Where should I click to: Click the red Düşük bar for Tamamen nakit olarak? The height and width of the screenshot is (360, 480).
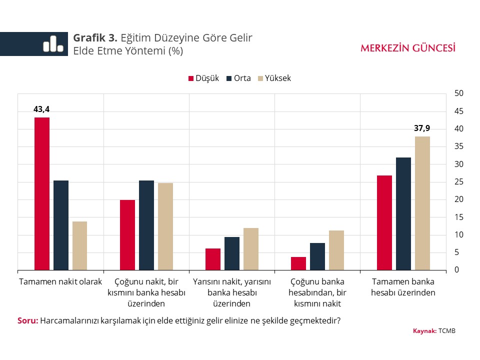[42, 194]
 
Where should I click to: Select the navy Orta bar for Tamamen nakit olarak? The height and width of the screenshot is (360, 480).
[61, 225]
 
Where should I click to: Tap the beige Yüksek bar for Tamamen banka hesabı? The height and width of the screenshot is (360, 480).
[422, 203]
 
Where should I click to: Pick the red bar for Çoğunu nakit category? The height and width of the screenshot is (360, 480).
[127, 235]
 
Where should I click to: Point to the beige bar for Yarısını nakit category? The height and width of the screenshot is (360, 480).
[251, 249]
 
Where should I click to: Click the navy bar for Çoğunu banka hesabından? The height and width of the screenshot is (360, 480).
[317, 256]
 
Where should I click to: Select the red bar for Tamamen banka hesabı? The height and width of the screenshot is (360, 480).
[384, 223]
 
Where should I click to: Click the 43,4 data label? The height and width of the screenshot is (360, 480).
[42, 109]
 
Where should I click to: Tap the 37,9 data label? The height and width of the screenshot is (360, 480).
[422, 128]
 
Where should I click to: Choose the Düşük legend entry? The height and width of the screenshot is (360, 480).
[203, 78]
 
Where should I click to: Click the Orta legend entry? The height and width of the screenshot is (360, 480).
[238, 78]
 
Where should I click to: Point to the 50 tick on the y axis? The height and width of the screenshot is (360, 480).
[459, 93]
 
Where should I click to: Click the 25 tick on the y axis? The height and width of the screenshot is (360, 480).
[459, 182]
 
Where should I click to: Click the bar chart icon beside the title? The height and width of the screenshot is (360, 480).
[53, 44]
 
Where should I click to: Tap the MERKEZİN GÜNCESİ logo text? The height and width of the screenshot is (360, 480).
[408, 48]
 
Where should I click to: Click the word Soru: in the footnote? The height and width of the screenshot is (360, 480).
[27, 320]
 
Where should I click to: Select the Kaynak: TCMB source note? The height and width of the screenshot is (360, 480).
[434, 331]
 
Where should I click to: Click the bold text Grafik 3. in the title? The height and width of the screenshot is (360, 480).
[95, 38]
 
